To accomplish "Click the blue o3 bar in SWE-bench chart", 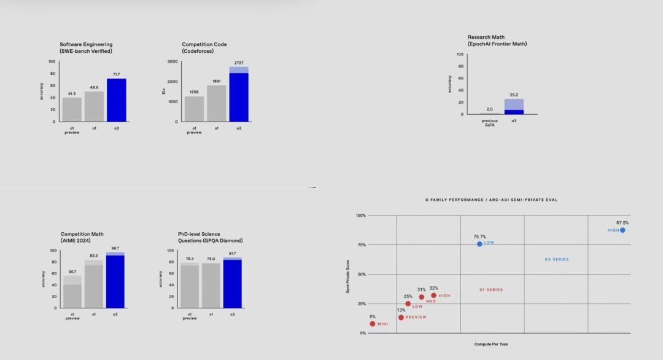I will [x=117, y=100].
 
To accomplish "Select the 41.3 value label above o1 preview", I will [x=72, y=93].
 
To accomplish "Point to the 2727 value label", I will [x=239, y=63].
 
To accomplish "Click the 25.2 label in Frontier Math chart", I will [x=514, y=95].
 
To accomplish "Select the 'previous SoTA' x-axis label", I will [x=490, y=123].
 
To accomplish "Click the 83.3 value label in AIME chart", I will [x=94, y=256].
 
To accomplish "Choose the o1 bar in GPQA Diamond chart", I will [x=211, y=286].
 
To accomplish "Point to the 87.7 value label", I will [x=232, y=253].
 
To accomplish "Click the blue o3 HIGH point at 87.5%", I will [x=622, y=230].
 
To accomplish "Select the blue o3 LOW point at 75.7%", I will [x=479, y=244].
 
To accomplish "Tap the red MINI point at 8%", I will [x=372, y=324].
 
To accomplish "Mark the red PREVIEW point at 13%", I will [x=401, y=318].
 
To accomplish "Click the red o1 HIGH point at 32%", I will [x=433, y=295].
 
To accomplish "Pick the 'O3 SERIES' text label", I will [x=557, y=259].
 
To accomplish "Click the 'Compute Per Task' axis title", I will [x=490, y=344].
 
